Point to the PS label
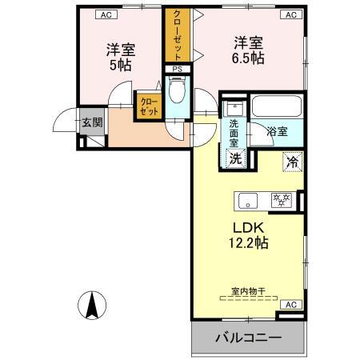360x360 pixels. [176, 70]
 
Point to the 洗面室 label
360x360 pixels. [234, 132]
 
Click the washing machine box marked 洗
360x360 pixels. [235, 158]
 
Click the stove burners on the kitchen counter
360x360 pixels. [280, 199]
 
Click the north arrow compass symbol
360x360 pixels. [93, 306]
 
